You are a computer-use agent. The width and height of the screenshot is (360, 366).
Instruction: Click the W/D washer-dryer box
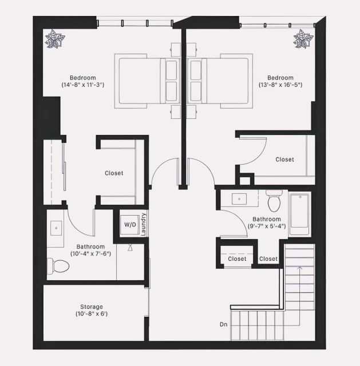click(130, 225)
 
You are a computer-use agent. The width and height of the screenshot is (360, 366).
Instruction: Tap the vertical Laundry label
click(144, 224)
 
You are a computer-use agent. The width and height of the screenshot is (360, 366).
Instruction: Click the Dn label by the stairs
click(224, 324)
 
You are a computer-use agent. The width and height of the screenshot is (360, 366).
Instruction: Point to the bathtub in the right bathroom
click(299, 215)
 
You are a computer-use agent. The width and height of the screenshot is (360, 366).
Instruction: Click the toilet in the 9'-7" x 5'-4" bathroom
click(274, 201)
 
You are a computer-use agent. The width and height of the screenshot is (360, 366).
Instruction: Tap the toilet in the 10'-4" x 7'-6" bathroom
click(59, 265)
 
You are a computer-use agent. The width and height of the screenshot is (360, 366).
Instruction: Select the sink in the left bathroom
click(57, 228)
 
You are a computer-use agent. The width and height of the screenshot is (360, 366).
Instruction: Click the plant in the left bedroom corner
click(56, 39)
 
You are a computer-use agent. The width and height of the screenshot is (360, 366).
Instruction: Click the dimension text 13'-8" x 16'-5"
click(280, 85)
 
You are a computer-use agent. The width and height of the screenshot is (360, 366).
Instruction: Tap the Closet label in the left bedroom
click(114, 173)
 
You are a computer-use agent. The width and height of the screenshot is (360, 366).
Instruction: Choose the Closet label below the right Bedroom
click(284, 160)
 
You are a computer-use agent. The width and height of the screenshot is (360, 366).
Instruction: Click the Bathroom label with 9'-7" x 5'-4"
click(267, 219)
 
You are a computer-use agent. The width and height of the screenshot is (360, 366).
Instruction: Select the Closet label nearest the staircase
click(268, 259)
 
